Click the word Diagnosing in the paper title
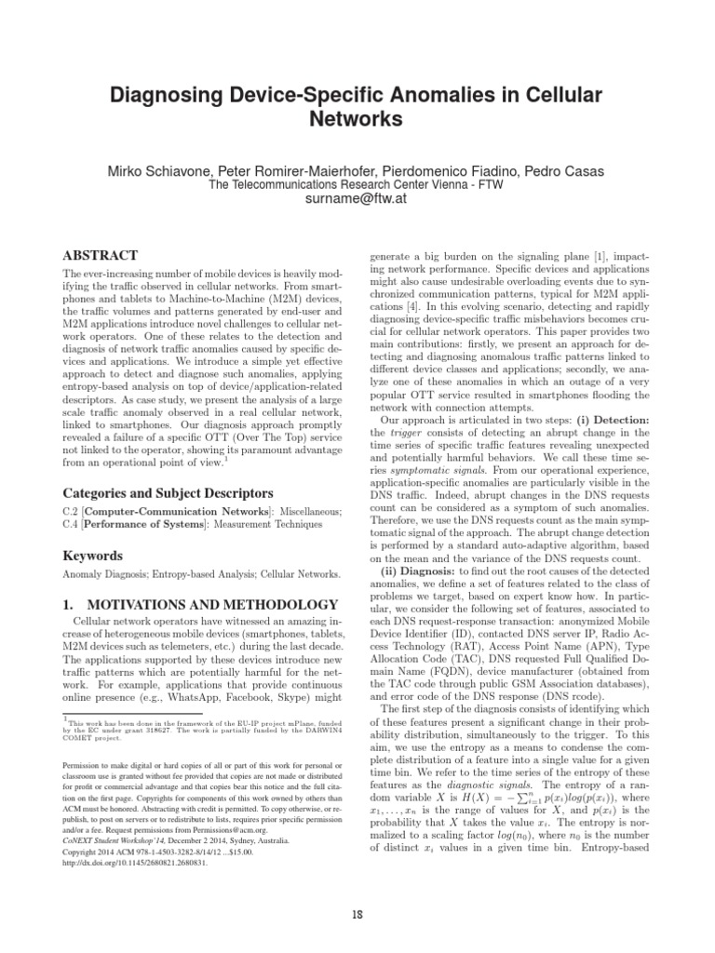coord(164,95)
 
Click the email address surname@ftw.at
coord(357,200)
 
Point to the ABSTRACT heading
coord(100,255)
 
